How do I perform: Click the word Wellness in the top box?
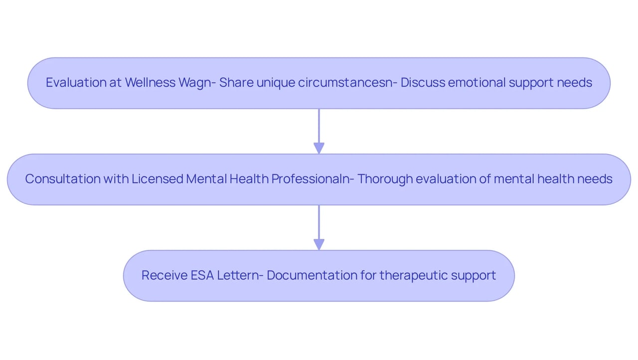coord(150,82)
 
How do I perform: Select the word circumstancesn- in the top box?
coord(347,82)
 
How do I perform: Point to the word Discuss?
coord(423,82)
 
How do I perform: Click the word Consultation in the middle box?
coord(63,179)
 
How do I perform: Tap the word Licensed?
coord(157,179)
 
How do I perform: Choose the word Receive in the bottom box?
coord(164,275)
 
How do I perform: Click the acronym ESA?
coord(202,275)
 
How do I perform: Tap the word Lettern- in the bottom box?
coord(240,275)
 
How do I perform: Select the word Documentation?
coord(312,275)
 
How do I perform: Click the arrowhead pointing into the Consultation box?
coord(319,148)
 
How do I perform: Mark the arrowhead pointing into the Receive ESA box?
coord(319,245)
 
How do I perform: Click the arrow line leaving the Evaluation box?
coord(319,131)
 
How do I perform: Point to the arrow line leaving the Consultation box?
coord(319,227)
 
